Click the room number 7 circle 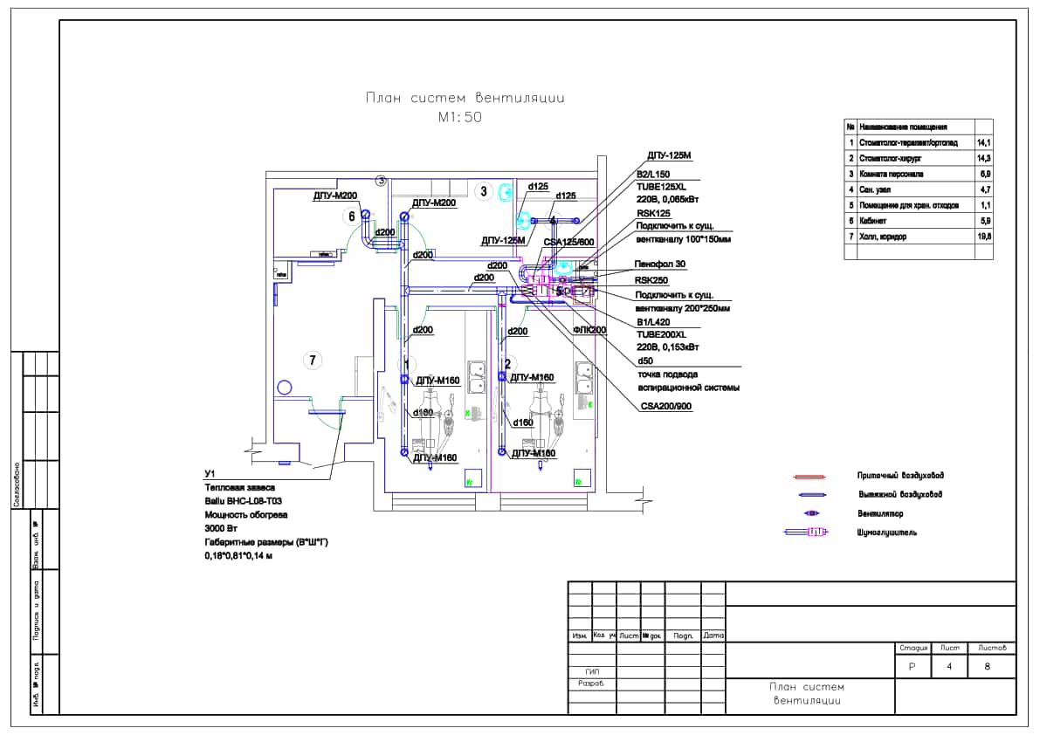click(x=310, y=359)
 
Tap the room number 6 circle click(x=352, y=216)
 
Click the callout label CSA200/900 click(x=666, y=406)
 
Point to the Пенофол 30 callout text click(x=659, y=264)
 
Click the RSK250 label click(x=651, y=281)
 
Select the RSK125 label click(x=653, y=212)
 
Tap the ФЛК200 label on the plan click(x=589, y=330)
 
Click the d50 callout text click(x=645, y=361)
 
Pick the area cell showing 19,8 click(x=983, y=237)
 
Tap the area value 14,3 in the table click(x=983, y=158)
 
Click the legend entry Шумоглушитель click(x=887, y=532)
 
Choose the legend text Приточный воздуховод click(x=900, y=476)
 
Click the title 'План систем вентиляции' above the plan click(x=465, y=98)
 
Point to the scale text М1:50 click(x=459, y=117)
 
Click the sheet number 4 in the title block click(x=949, y=667)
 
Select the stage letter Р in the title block click(x=912, y=667)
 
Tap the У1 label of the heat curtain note click(x=208, y=474)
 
